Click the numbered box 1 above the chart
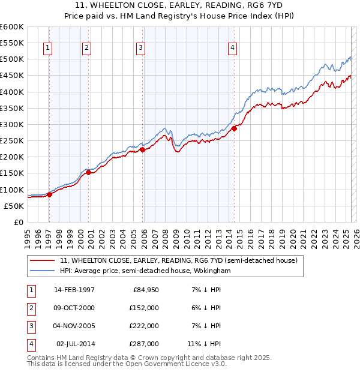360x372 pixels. [x=47, y=49]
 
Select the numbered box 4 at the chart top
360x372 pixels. [x=232, y=49]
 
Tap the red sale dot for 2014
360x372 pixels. [x=235, y=128]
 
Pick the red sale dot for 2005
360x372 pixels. [x=142, y=150]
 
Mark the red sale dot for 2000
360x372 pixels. [x=88, y=173]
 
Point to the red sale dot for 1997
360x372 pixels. [x=50, y=194]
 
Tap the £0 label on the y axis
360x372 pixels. [x=17, y=222]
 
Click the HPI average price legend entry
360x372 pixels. [x=145, y=271]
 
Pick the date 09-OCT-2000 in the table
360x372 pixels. [x=74, y=308]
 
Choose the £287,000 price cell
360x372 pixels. [x=145, y=344]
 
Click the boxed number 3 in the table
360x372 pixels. [x=30, y=326]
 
